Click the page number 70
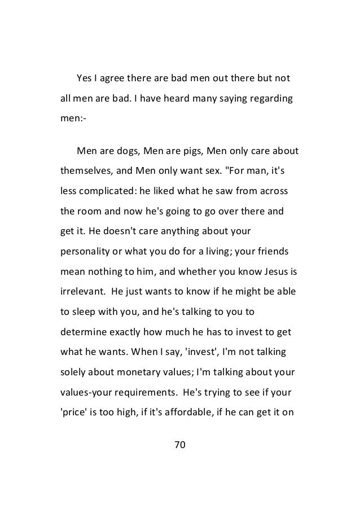click(179, 447)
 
